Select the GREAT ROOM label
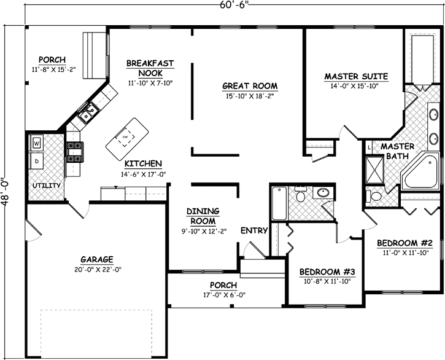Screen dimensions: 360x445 [x=249, y=86]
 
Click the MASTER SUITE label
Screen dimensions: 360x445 [x=356, y=77]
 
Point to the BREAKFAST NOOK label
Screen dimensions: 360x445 [x=150, y=68]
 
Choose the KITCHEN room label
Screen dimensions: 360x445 [x=143, y=163]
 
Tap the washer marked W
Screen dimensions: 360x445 [x=37, y=143]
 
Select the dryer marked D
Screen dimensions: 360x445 [x=37, y=161]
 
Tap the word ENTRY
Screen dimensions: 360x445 [x=253, y=230]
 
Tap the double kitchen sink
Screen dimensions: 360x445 [x=88, y=112]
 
